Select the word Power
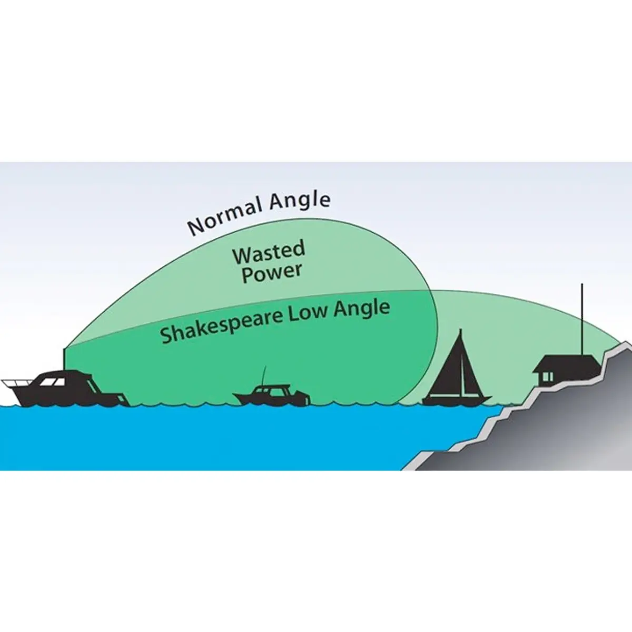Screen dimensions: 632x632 tap(272, 273)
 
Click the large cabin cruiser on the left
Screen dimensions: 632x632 tap(66, 389)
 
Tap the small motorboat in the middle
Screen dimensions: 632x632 tap(272, 394)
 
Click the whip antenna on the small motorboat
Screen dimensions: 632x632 tap(263, 376)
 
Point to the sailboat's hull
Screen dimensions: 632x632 tap(457, 401)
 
